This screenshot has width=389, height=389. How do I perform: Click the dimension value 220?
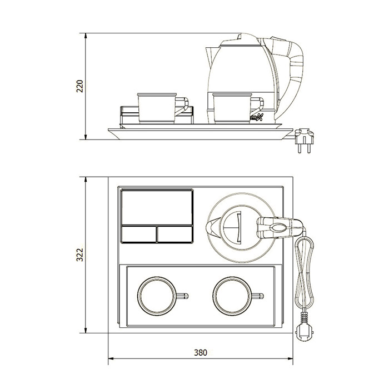tap(79, 86)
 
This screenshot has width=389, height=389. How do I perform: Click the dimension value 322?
tap(79, 254)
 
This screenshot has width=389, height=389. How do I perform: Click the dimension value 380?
tap(201, 352)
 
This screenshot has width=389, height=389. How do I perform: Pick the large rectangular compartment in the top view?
tap(157, 206)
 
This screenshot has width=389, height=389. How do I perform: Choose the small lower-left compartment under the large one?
tap(138, 234)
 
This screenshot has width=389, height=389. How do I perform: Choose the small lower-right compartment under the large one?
tap(175, 234)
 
